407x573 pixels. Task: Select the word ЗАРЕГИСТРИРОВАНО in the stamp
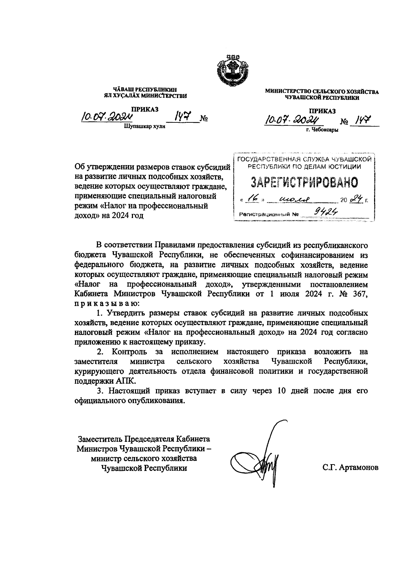(x=304, y=182)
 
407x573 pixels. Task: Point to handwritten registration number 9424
(x=322, y=213)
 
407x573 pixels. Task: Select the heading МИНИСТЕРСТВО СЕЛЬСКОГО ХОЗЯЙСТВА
(x=322, y=92)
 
